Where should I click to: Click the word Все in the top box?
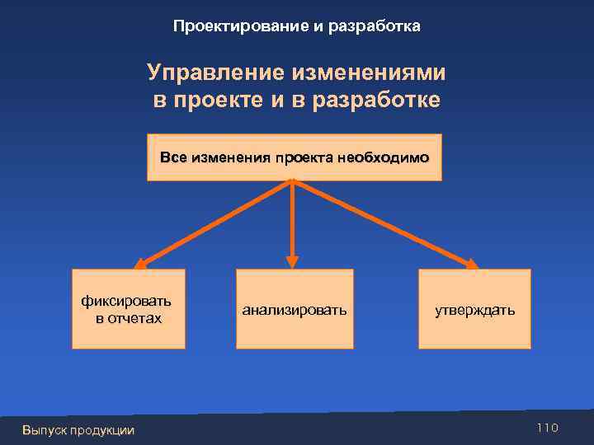173,157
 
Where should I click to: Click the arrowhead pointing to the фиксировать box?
141,265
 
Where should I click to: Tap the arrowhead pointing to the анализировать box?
291,262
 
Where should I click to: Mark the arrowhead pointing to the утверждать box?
470,265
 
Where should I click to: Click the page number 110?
547,428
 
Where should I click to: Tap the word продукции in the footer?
106,430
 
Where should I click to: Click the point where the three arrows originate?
292,182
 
